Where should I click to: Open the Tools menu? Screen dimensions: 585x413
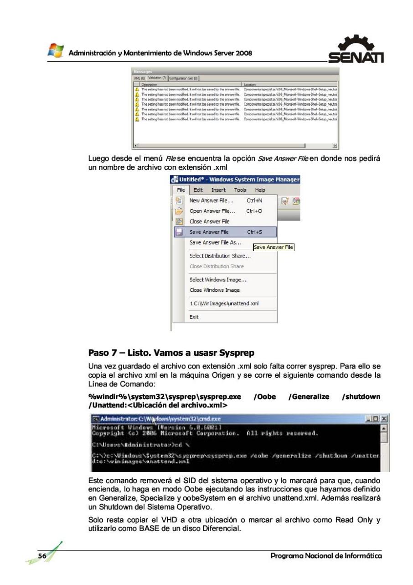(x=240, y=190)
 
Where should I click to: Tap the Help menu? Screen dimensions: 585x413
(x=260, y=190)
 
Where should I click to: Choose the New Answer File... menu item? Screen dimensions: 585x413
(x=211, y=200)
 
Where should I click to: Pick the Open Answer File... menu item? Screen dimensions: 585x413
(x=212, y=211)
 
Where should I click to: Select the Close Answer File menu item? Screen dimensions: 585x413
(x=209, y=221)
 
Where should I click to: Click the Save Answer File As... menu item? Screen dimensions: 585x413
(x=215, y=242)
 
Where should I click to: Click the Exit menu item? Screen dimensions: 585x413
(x=195, y=316)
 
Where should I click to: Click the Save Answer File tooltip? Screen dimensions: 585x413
(x=274, y=248)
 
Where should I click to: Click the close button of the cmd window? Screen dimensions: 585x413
(x=384, y=418)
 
